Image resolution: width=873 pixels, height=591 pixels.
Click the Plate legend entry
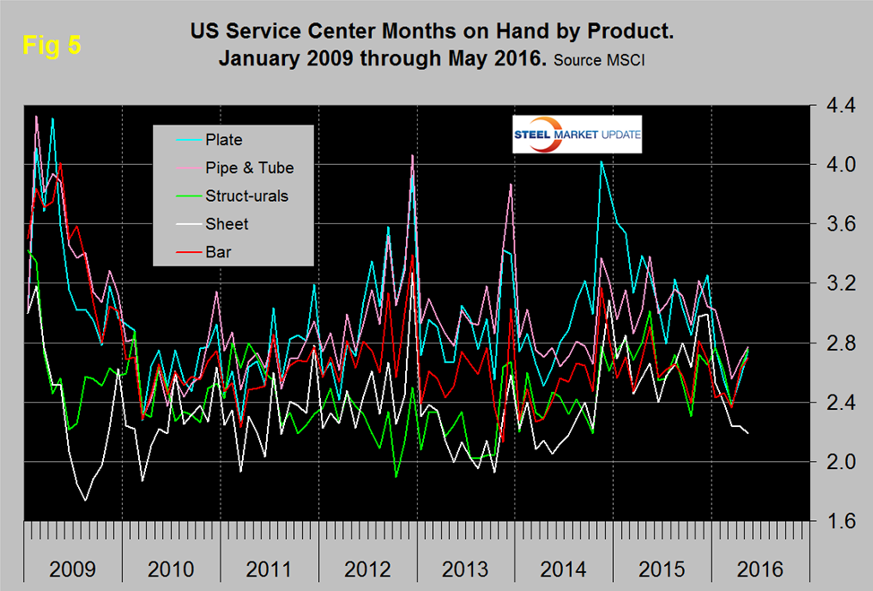(222, 140)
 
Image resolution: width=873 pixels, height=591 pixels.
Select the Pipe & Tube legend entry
(248, 168)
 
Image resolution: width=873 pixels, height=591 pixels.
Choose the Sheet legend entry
(226, 223)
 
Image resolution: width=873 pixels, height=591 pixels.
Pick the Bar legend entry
(218, 252)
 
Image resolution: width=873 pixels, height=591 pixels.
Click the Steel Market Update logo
(576, 135)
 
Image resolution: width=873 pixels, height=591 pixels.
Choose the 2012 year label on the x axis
(366, 569)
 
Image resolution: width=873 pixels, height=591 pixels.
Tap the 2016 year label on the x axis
(760, 569)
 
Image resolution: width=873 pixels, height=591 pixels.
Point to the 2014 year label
(563, 569)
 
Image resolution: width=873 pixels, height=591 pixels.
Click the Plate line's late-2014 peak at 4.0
(601, 162)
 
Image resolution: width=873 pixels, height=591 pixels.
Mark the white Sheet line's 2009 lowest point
(86, 500)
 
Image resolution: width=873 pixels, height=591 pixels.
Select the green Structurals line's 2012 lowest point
(395, 476)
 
